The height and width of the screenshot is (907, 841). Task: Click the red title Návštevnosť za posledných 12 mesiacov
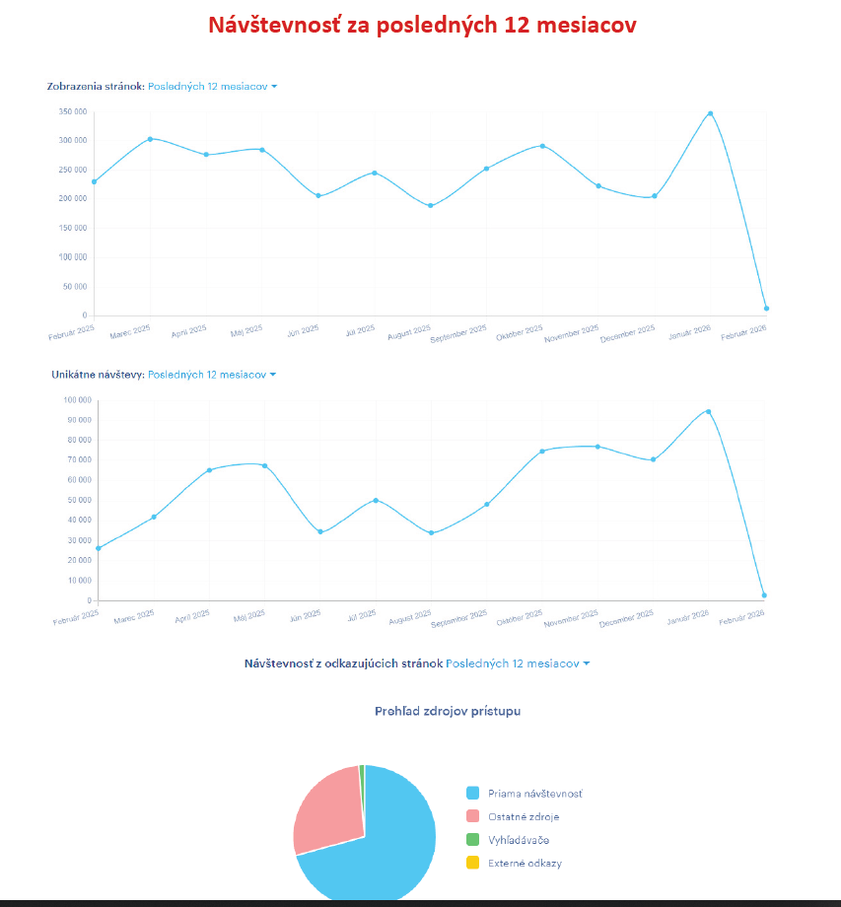[422, 26]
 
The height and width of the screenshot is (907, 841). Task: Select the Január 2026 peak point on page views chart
[710, 113]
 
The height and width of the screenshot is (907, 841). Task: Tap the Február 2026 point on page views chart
[766, 309]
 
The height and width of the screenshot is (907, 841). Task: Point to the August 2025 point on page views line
[430, 205]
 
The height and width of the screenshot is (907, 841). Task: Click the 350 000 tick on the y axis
[73, 111]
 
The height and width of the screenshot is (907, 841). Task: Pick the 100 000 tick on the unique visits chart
[76, 400]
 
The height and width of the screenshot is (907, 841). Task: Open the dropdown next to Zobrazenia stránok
[212, 87]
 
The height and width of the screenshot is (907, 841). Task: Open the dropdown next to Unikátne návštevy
[212, 375]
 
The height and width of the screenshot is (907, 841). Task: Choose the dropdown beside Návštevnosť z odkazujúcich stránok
[518, 663]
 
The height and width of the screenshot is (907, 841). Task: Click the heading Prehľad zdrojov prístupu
[448, 711]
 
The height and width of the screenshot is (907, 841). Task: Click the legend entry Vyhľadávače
[519, 840]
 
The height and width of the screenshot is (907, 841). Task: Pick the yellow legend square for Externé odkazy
[472, 863]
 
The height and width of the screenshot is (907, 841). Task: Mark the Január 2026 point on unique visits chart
[708, 411]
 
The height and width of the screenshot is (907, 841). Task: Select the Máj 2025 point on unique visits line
[264, 465]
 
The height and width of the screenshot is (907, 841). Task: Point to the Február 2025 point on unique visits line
[99, 548]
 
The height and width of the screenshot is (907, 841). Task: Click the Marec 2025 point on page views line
[150, 139]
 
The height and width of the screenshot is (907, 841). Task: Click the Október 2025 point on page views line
[542, 146]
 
